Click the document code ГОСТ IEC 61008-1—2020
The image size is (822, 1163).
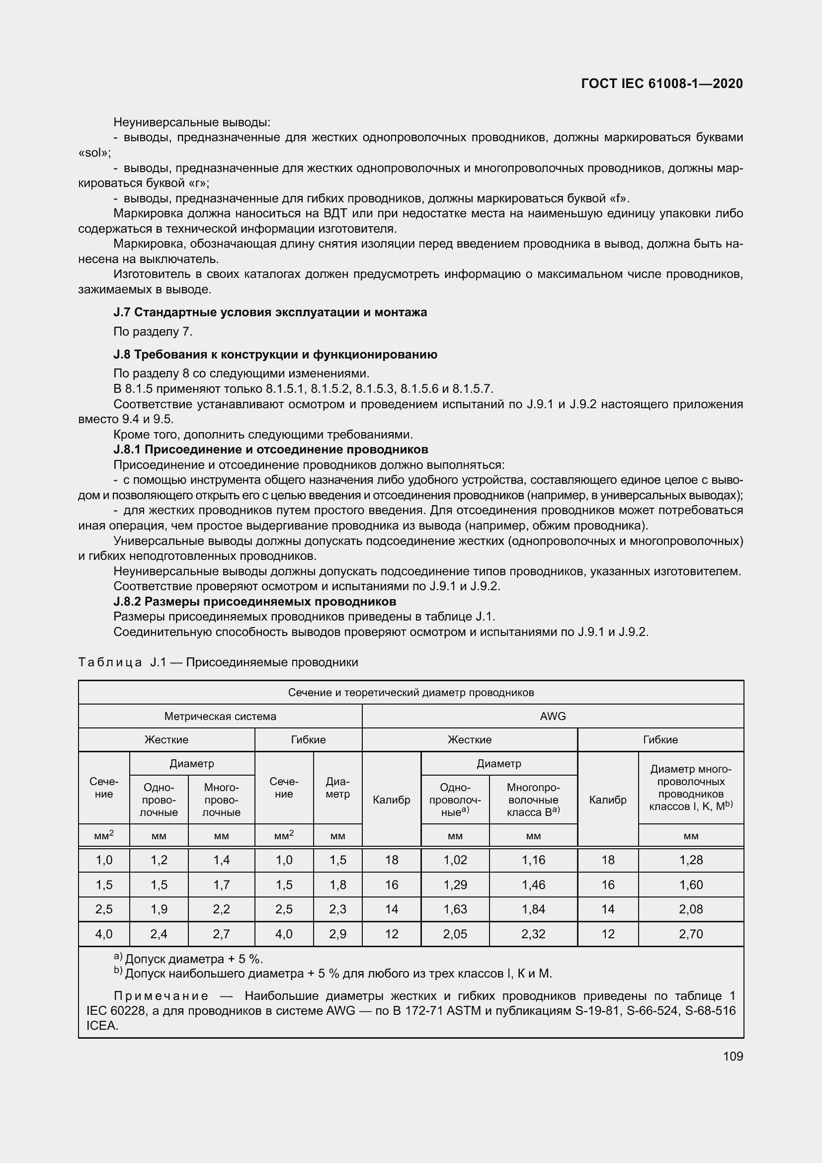click(x=662, y=84)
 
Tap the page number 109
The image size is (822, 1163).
click(x=733, y=1056)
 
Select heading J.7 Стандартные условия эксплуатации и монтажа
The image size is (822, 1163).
click(x=270, y=312)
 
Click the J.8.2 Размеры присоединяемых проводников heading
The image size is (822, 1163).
click(x=254, y=601)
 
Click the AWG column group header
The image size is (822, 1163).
click(x=553, y=716)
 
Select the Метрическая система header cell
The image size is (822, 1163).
click(x=220, y=716)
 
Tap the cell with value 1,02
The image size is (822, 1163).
click(x=455, y=860)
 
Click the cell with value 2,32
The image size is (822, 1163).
click(x=533, y=934)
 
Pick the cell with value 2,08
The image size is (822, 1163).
click(x=691, y=909)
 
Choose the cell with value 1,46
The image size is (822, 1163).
click(x=533, y=885)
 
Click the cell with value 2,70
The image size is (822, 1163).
click(x=691, y=934)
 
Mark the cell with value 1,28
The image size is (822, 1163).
click(x=691, y=860)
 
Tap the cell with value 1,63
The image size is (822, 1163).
click(x=455, y=909)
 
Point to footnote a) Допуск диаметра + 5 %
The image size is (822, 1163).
click(x=188, y=959)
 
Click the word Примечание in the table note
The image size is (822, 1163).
click(x=161, y=996)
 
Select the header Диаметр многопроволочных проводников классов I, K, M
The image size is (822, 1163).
click(x=691, y=788)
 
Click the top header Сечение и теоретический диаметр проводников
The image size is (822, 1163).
click(x=411, y=693)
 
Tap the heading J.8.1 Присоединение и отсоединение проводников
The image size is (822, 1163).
click(x=271, y=449)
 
